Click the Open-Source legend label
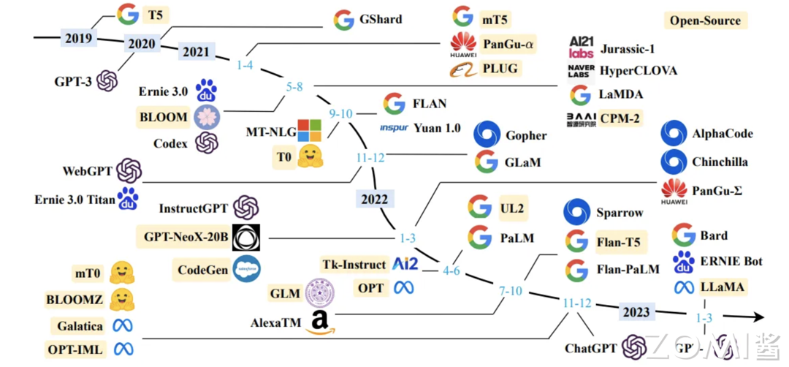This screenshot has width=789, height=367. pyautogui.click(x=705, y=20)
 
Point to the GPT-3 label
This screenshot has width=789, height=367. pyautogui.click(x=73, y=81)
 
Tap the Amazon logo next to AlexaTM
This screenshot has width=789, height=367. pyautogui.click(x=318, y=322)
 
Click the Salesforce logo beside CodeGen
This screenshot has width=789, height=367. pyautogui.click(x=246, y=270)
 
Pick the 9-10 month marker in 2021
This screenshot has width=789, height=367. pyautogui.click(x=340, y=113)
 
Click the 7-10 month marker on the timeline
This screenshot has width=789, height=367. pyautogui.click(x=510, y=291)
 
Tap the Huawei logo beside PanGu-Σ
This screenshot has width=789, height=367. pyautogui.click(x=674, y=190)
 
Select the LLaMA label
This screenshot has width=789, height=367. pyautogui.click(x=722, y=287)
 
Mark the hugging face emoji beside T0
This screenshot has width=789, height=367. pyautogui.click(x=310, y=156)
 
